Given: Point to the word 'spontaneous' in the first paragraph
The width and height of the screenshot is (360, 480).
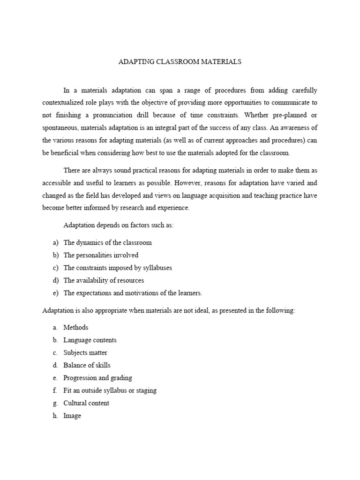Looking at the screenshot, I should coord(60,127).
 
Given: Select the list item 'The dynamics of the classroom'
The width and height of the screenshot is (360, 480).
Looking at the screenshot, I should coord(107,243).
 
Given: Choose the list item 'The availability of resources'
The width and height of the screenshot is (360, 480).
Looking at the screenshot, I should coord(104,280).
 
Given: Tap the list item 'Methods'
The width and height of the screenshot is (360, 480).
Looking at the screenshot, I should coord(76,328).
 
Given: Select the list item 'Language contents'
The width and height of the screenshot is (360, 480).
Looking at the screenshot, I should coord(90,340).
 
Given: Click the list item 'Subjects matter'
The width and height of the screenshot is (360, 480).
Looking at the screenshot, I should coord(85,352).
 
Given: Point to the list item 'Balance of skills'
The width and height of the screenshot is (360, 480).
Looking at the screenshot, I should coord(87,365).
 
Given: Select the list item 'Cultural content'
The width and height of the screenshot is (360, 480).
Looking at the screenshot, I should coord(86,403).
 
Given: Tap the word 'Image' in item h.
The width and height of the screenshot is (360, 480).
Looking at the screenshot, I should coord(72,416).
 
